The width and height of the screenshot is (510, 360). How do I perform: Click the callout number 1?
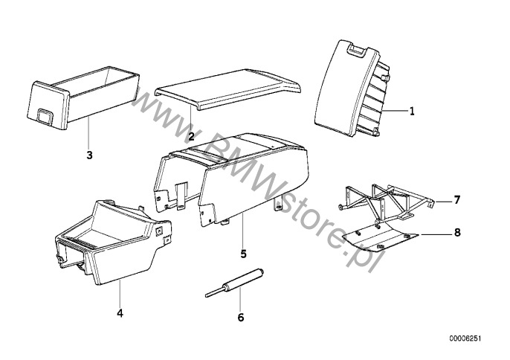click(x=412, y=112)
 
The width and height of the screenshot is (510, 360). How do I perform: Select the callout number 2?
click(x=191, y=136)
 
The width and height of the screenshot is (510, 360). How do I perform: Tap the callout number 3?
click(x=89, y=155)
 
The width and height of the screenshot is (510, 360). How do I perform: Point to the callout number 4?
click(x=120, y=313)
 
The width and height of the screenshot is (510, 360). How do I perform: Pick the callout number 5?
click(x=244, y=254)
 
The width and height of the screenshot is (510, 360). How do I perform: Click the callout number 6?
click(x=241, y=318)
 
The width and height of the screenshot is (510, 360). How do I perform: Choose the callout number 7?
click(x=457, y=200)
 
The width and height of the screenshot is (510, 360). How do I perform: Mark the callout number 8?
click(x=457, y=232)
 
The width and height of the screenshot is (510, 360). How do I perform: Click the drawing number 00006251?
click(x=465, y=339)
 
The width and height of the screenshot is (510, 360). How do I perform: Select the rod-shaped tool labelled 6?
click(x=234, y=283)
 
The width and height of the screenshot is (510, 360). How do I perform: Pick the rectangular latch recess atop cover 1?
click(x=357, y=50)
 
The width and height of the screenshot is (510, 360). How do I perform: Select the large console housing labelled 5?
click(x=231, y=179)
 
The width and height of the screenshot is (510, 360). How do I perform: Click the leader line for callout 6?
click(x=240, y=300)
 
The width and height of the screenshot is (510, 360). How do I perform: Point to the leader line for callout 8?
click(x=436, y=234)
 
